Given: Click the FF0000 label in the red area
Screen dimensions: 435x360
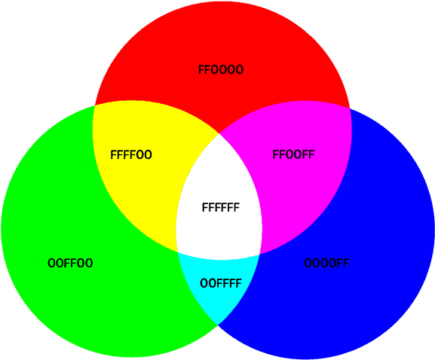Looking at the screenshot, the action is (x=221, y=69).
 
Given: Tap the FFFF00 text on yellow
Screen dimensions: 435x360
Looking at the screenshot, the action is (x=131, y=154).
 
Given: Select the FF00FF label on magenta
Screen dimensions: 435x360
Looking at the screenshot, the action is (x=293, y=154).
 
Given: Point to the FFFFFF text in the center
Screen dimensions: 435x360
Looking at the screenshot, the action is (x=221, y=207).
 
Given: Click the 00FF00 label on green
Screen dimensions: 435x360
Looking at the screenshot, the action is (x=70, y=263).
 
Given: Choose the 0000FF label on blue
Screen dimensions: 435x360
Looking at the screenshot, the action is (x=326, y=263).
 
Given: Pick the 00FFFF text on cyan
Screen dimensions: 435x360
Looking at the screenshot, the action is (x=221, y=283).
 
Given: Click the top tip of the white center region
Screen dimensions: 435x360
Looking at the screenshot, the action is (x=219, y=133).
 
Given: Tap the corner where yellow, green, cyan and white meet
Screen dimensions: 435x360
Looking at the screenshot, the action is (x=178, y=252).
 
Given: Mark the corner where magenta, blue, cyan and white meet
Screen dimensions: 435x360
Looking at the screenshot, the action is (x=259, y=254).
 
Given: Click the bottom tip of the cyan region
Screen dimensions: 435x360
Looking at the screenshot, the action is (x=218, y=325).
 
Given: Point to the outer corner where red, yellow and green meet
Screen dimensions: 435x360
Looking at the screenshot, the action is (x=95, y=105).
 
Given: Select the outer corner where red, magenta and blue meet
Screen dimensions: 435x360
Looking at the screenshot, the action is (x=350, y=108).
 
